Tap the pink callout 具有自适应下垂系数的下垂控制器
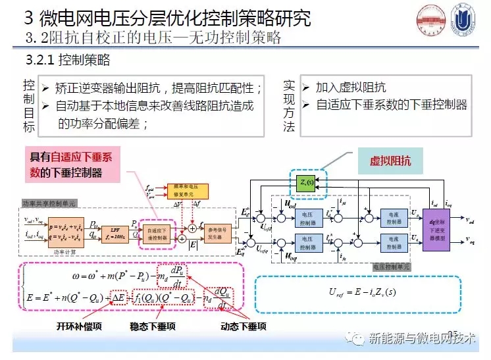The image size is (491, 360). click(x=74, y=165)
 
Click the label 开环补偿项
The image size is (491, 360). click(x=78, y=326)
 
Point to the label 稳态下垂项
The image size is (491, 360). click(x=153, y=326)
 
